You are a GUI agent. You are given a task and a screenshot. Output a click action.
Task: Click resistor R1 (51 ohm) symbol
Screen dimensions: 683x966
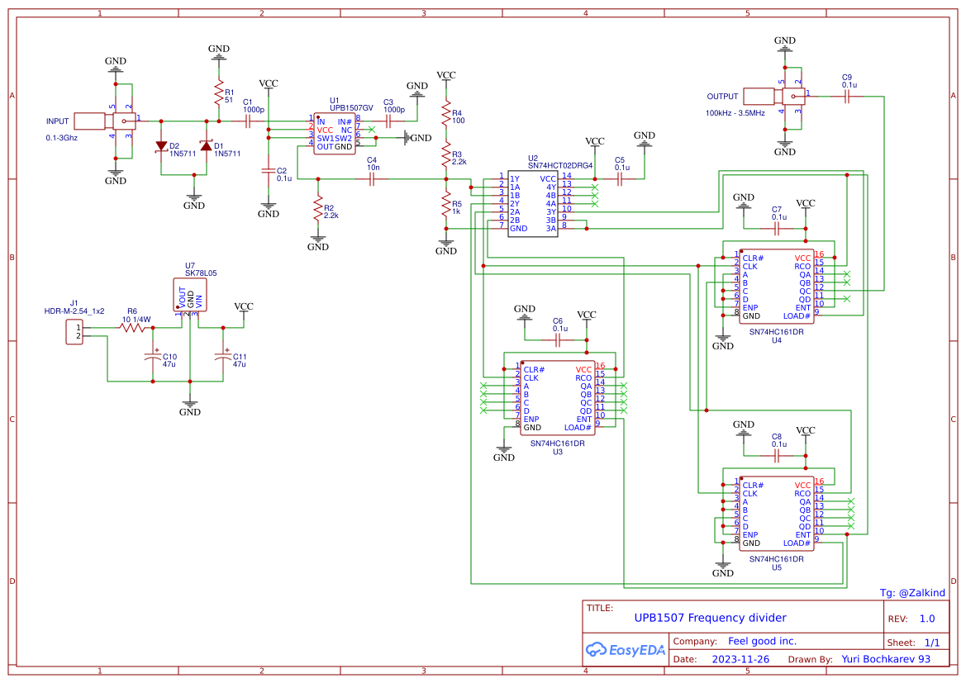coord(219,92)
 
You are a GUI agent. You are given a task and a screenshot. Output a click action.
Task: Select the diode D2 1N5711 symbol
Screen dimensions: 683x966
coord(162,146)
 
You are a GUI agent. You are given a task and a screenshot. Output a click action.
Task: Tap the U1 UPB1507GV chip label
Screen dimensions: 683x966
coord(351,107)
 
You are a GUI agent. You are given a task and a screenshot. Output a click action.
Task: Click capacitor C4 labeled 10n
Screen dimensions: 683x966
coord(373,178)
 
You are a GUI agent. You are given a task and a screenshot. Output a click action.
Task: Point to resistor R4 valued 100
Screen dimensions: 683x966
coord(446,114)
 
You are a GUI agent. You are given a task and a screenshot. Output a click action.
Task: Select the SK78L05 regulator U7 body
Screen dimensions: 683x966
coord(189,295)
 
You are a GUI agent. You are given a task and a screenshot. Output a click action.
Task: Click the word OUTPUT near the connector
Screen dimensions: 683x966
coord(722,97)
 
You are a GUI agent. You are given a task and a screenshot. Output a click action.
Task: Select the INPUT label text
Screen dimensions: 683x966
coord(57,121)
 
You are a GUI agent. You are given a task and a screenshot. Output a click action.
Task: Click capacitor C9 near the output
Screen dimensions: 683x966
coord(848,97)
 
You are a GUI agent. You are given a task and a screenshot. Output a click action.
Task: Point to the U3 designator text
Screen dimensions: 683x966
coord(557,452)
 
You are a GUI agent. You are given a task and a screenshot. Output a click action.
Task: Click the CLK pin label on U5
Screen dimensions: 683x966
coord(749,493)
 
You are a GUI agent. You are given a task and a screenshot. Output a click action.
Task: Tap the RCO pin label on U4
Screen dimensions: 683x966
coord(802,266)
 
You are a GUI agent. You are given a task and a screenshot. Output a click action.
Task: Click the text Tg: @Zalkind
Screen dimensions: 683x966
coord(911,592)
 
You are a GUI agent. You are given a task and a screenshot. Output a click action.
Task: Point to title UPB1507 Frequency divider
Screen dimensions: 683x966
coord(710,618)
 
